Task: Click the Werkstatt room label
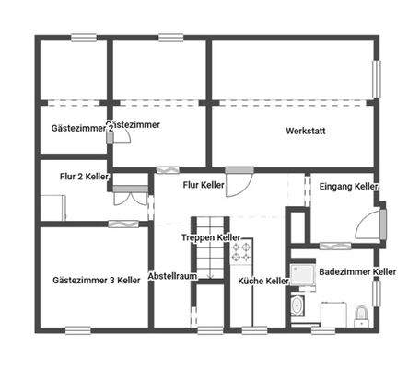[305, 132]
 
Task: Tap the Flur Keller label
[204, 186]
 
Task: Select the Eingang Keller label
[348, 187]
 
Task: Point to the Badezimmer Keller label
[356, 272]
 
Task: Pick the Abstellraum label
[173, 274]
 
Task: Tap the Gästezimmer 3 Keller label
[96, 279]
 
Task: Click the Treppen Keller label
[211, 237]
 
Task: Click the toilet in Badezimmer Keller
[361, 316]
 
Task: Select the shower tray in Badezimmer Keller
[300, 273]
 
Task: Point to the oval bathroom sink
[297, 306]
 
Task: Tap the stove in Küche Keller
[241, 249]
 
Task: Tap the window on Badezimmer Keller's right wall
[376, 293]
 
